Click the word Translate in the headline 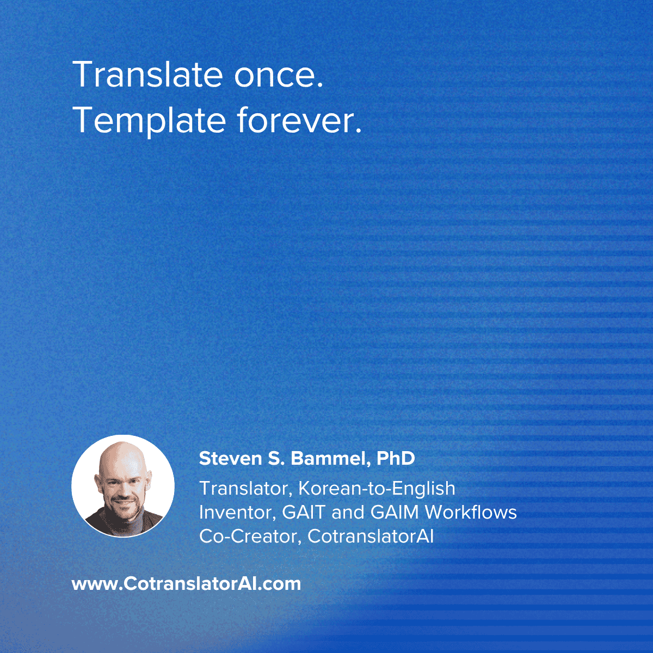tap(147, 75)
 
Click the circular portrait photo tap(123, 486)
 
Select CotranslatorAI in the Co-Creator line tap(371, 537)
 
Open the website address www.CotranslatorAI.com tap(187, 584)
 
